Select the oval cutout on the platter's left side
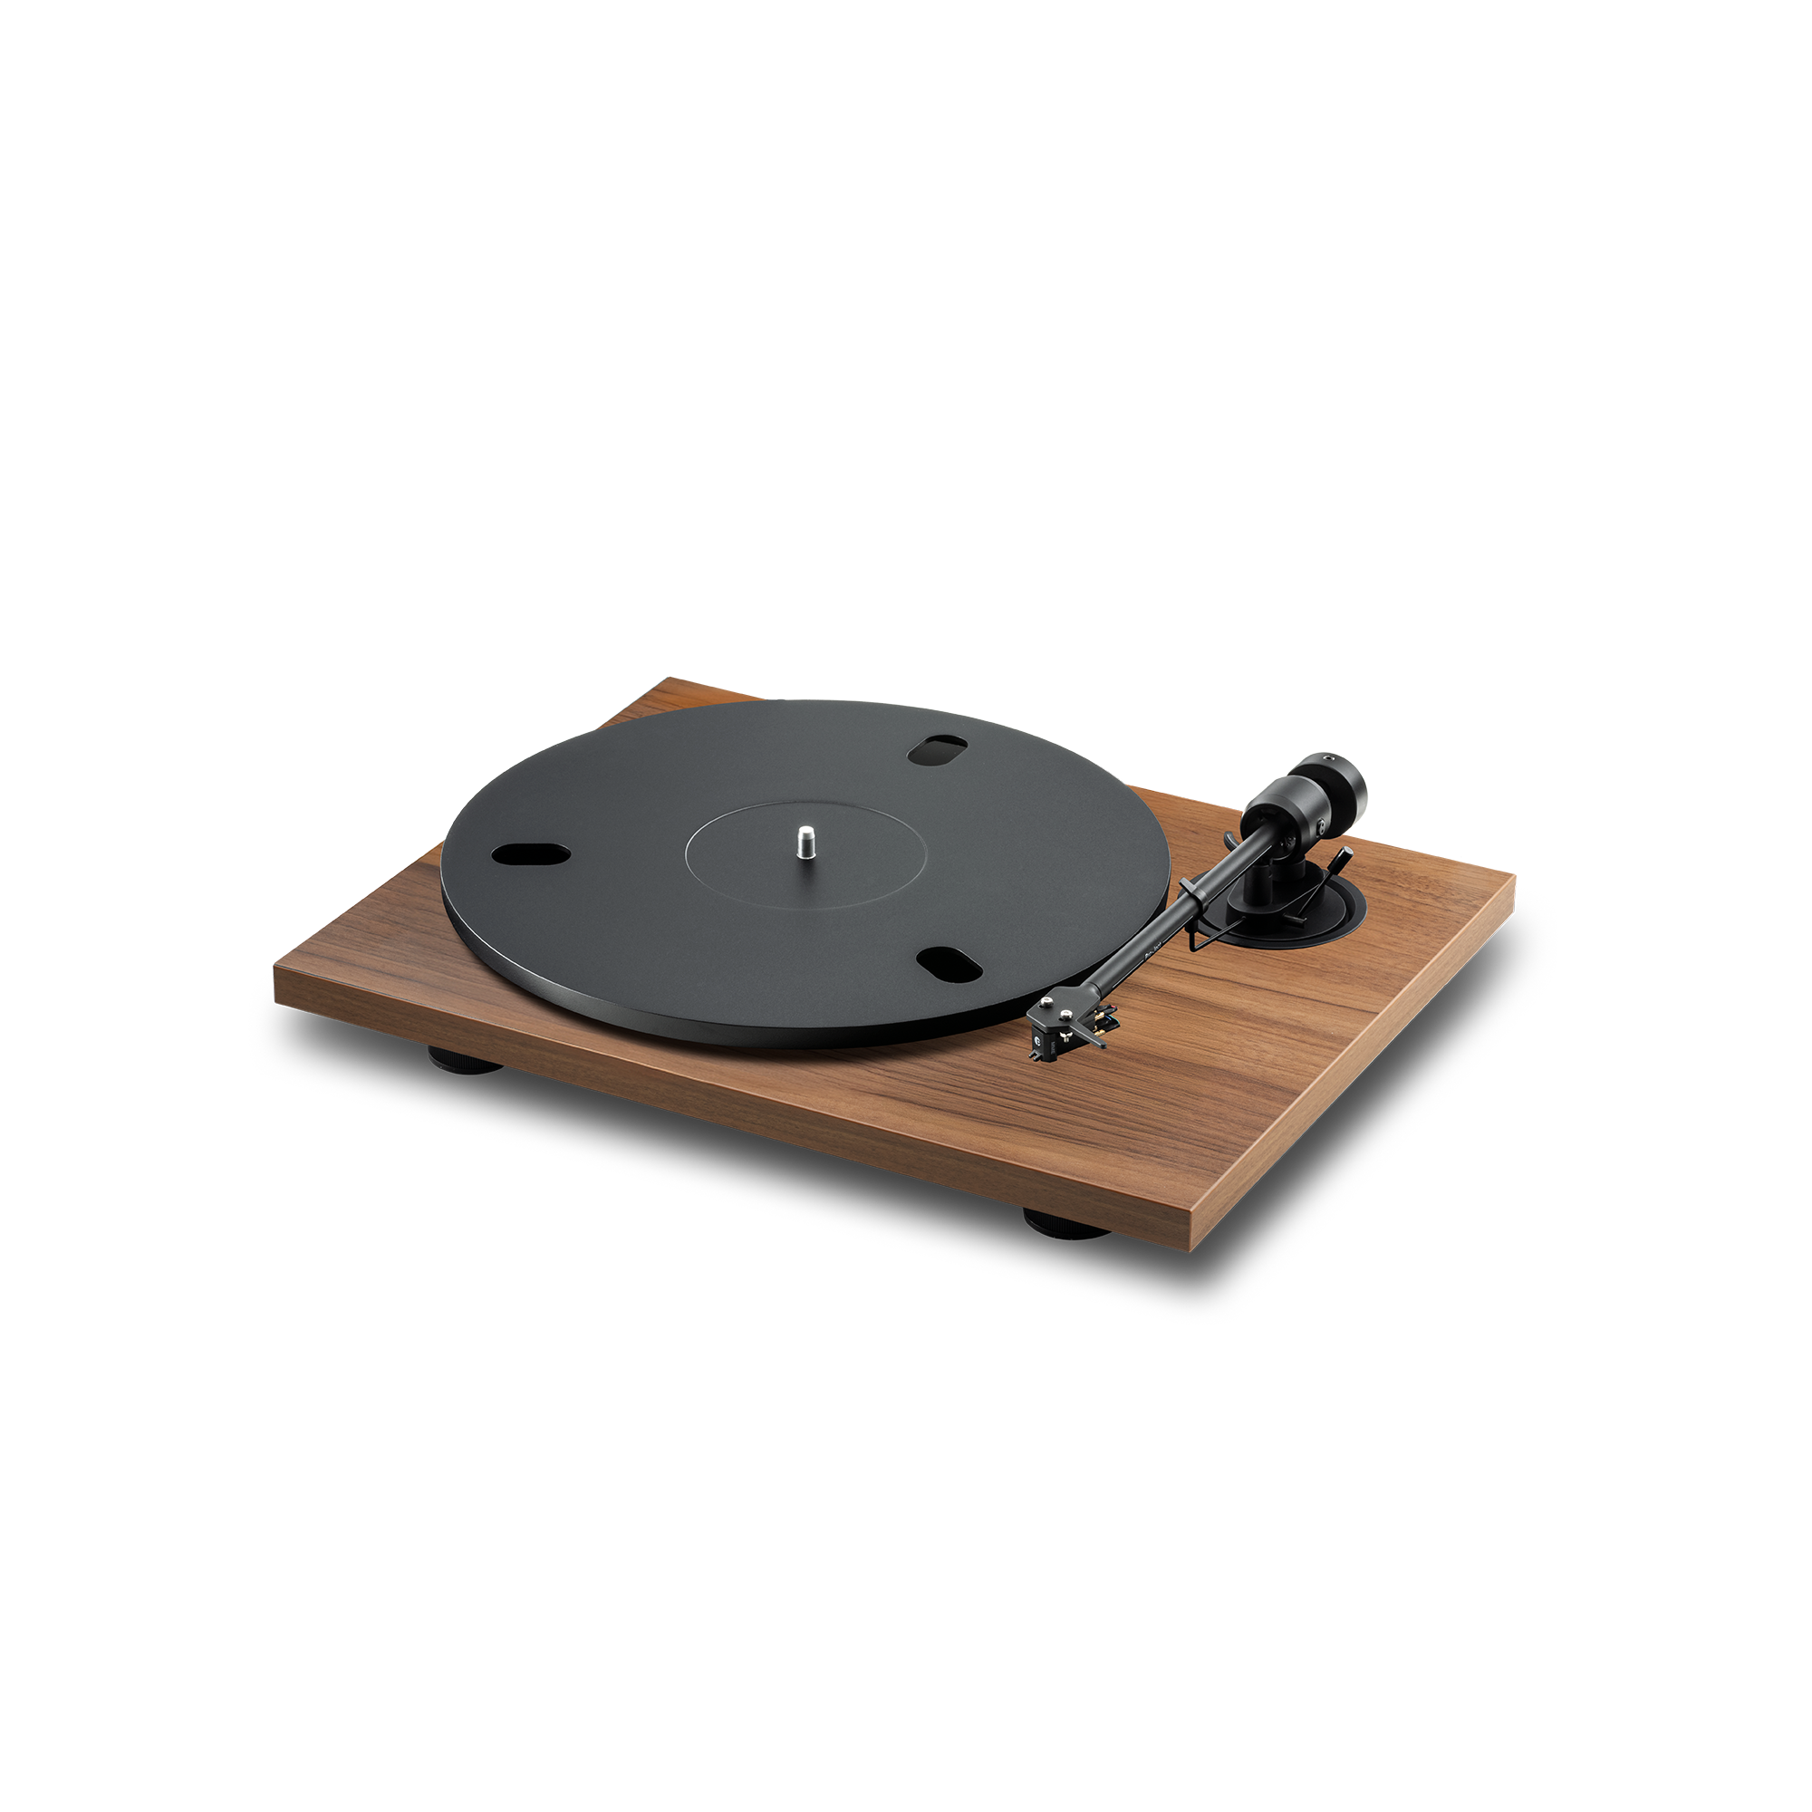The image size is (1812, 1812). click(531, 853)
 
